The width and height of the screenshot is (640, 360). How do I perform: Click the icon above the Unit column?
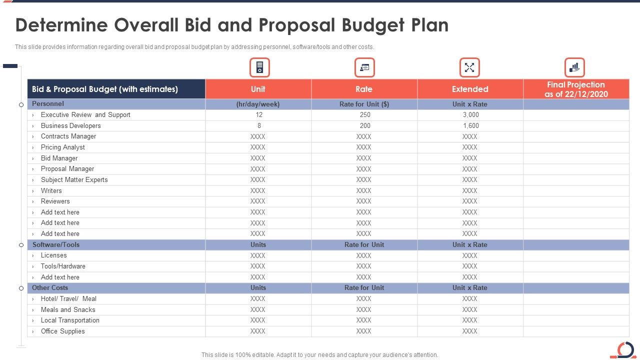point(259,67)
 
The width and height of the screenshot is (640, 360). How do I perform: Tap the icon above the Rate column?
point(364,67)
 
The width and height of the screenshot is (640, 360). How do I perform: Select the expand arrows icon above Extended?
point(469,67)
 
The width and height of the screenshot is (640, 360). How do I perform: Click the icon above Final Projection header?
point(574,67)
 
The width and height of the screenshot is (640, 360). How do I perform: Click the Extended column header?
point(470,89)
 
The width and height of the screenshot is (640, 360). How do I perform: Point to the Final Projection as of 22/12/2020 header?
point(576,89)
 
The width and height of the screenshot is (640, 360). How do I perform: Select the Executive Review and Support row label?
point(85,115)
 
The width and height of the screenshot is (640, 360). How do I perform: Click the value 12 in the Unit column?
point(259,115)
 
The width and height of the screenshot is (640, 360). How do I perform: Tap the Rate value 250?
point(365,115)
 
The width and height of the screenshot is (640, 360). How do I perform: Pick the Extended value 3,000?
point(470,115)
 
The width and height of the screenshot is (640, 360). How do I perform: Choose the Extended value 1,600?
point(470,126)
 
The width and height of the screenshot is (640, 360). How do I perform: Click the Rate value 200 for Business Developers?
point(365,126)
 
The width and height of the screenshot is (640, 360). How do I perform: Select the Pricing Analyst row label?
point(63,147)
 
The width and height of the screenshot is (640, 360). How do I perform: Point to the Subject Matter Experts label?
point(74,180)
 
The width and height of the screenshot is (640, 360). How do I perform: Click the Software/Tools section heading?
point(56,245)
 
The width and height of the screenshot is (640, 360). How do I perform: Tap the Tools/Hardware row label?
point(63,266)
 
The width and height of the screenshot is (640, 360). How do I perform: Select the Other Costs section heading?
point(50,288)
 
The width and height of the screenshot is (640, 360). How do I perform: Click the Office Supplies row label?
point(63,331)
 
